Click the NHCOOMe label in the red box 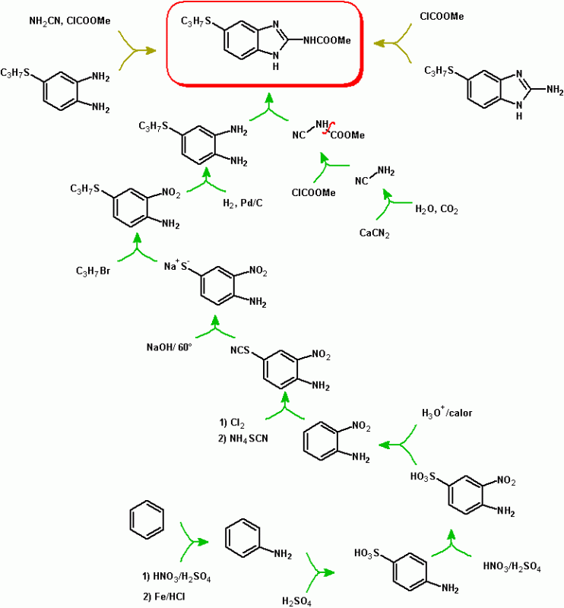(x=327, y=40)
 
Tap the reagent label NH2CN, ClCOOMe (x=70, y=21)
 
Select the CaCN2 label (x=374, y=233)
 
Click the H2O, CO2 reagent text (x=437, y=210)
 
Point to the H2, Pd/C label (x=242, y=203)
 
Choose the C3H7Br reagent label (x=93, y=271)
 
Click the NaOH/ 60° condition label (x=169, y=347)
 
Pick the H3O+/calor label (x=447, y=412)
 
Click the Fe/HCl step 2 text (x=164, y=597)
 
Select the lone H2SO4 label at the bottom (x=296, y=602)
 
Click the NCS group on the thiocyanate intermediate (x=240, y=350)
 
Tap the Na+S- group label (x=176, y=265)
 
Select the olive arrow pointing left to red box (x=392, y=43)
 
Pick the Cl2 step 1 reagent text (x=232, y=423)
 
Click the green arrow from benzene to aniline (x=193, y=542)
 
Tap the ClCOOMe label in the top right (x=442, y=16)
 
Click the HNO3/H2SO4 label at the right (x=512, y=567)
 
